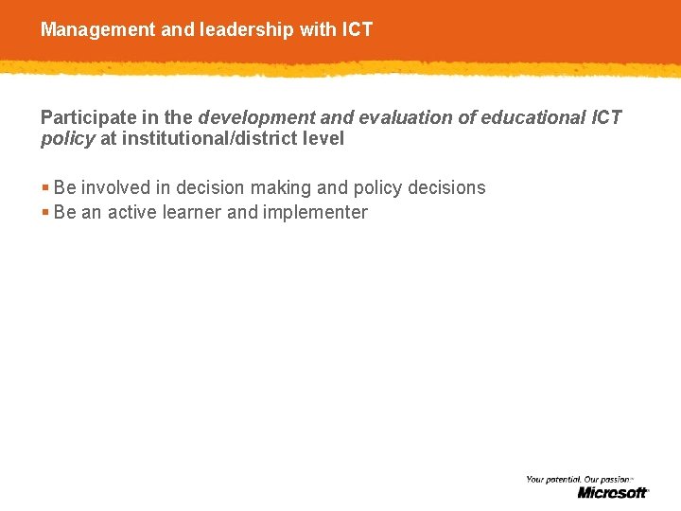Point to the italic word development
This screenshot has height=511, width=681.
[x=255, y=117]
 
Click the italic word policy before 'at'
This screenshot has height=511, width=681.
[x=67, y=139]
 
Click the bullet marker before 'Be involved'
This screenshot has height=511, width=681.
[x=45, y=187]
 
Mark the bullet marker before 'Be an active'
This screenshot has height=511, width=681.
[x=45, y=212]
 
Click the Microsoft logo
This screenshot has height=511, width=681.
[x=613, y=492]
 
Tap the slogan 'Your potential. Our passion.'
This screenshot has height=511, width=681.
[x=579, y=480]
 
